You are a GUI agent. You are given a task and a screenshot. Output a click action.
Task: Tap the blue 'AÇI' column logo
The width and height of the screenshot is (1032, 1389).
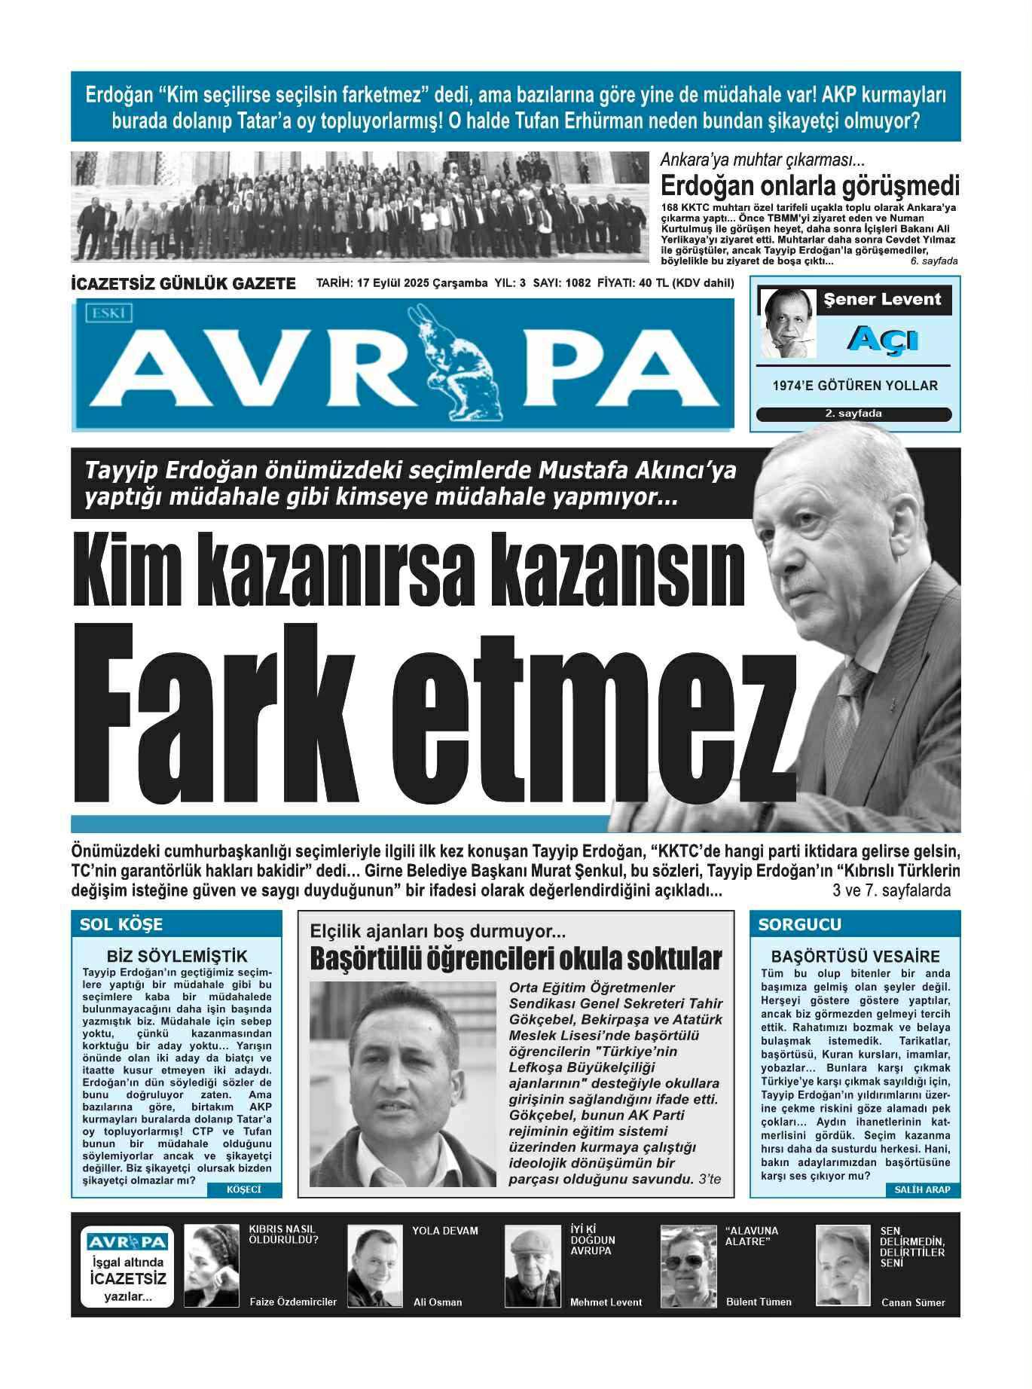tap(871, 340)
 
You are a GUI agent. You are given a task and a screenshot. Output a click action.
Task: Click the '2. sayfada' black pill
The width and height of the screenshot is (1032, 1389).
tap(853, 414)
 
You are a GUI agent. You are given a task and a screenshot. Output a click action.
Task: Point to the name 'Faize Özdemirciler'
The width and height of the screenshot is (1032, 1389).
tap(293, 1302)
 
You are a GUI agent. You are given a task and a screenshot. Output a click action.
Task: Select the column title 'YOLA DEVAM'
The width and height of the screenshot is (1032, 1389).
tap(444, 1231)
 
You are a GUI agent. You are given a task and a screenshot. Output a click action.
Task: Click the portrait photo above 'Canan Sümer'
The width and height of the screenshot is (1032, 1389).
tap(842, 1265)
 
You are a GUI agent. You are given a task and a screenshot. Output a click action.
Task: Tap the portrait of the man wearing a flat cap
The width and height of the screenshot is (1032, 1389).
tap(532, 1266)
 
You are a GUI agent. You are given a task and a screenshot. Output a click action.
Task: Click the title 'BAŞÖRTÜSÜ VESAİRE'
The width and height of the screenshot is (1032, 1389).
tap(856, 957)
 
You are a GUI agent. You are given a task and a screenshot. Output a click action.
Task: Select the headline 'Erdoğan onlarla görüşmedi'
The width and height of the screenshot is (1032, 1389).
tap(810, 185)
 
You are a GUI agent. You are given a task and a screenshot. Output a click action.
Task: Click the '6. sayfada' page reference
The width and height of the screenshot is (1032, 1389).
tap(933, 261)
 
